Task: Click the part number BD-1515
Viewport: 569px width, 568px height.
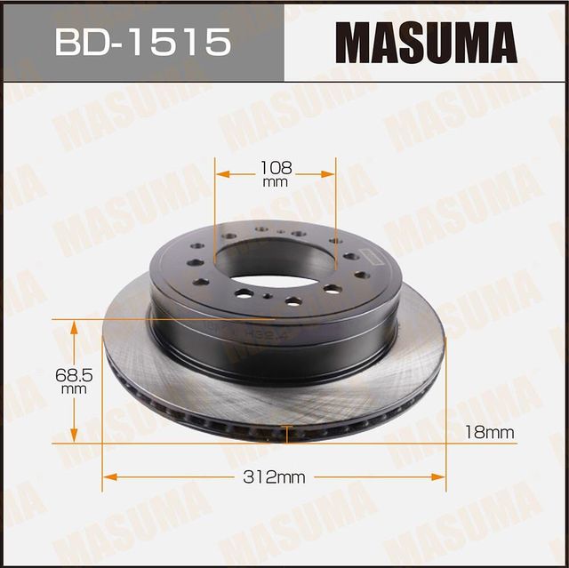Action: click(x=142, y=42)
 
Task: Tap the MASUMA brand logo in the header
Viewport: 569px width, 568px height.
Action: click(x=425, y=42)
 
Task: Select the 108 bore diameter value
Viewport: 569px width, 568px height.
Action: click(x=276, y=166)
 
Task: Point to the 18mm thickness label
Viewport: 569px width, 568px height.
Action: click(x=490, y=432)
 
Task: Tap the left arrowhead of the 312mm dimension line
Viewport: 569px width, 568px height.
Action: click(x=109, y=477)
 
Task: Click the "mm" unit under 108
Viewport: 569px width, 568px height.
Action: click(x=276, y=181)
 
